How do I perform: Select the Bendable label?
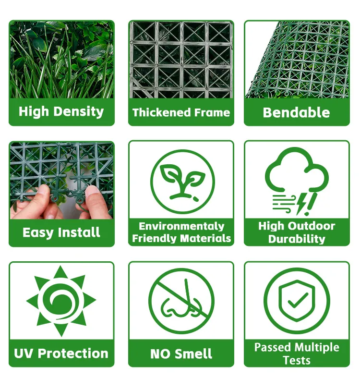296,112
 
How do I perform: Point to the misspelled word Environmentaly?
181,226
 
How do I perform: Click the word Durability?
297,239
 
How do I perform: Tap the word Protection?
73,353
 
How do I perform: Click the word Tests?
297,360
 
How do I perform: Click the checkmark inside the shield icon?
297,300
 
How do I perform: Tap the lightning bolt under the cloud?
302,204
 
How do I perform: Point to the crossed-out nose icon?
181,301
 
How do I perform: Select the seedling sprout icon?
183,182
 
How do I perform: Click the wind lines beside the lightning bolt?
284,203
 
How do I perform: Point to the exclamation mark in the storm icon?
311,204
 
